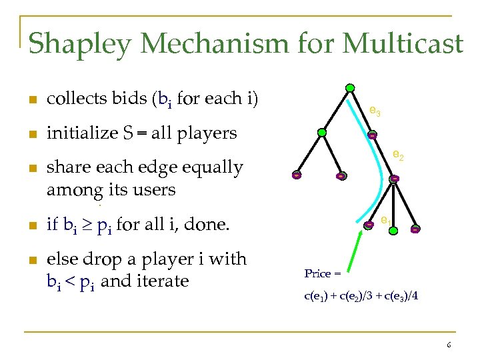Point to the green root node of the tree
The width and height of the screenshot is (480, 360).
click(x=349, y=88)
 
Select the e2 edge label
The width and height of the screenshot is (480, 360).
click(x=398, y=155)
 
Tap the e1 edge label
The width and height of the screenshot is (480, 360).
click(x=386, y=219)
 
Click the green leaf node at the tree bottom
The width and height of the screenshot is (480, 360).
click(x=393, y=230)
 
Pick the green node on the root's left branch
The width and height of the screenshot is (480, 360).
click(x=321, y=133)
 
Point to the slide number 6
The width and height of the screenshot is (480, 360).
click(x=449, y=345)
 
